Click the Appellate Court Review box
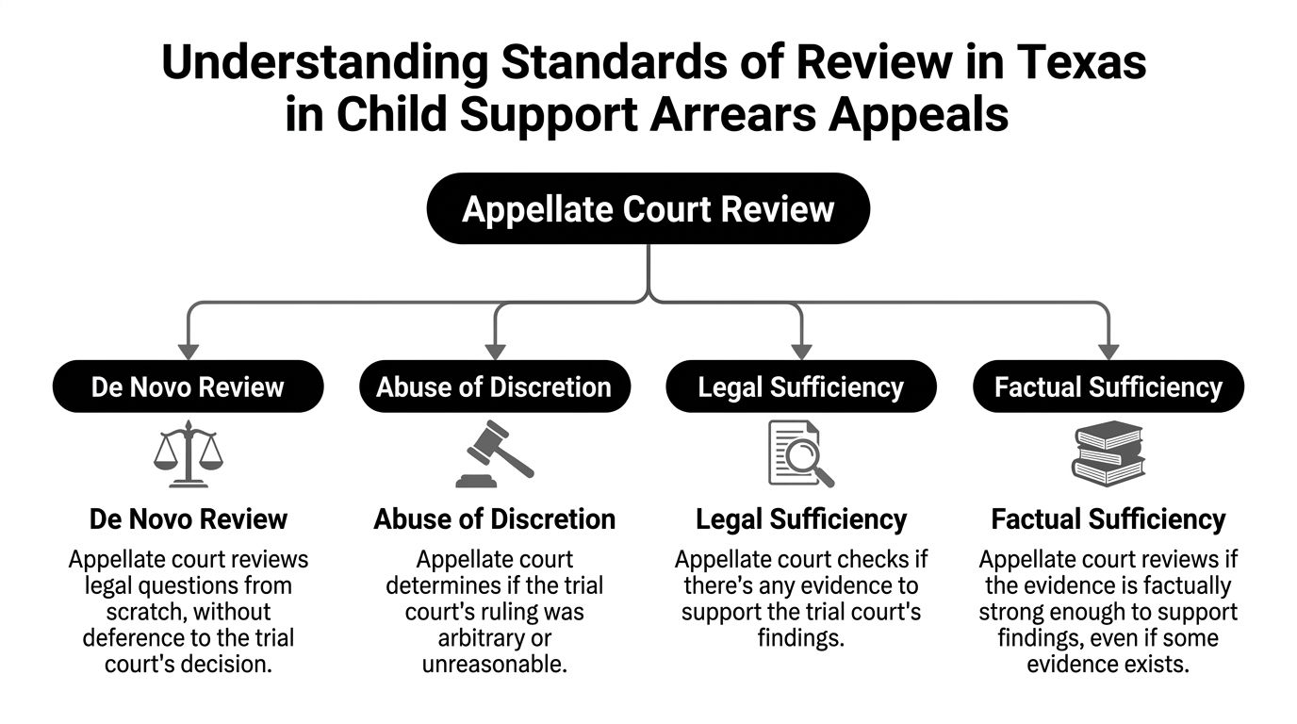(x=648, y=208)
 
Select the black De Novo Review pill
(x=189, y=387)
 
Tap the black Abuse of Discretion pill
(x=495, y=387)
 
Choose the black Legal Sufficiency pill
(x=801, y=387)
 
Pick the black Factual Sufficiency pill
(x=1108, y=387)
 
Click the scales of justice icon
(x=189, y=454)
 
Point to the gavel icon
(x=495, y=454)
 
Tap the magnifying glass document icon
(x=801, y=454)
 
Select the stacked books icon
(x=1108, y=454)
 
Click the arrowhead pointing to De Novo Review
(x=189, y=352)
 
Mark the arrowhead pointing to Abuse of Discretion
(x=495, y=352)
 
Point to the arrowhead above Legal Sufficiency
(x=801, y=352)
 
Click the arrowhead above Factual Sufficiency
(x=1108, y=352)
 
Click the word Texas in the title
(x=1081, y=62)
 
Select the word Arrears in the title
(x=732, y=115)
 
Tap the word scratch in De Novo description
(x=149, y=612)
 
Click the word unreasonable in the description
(x=495, y=665)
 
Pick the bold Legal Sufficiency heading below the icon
(x=801, y=519)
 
